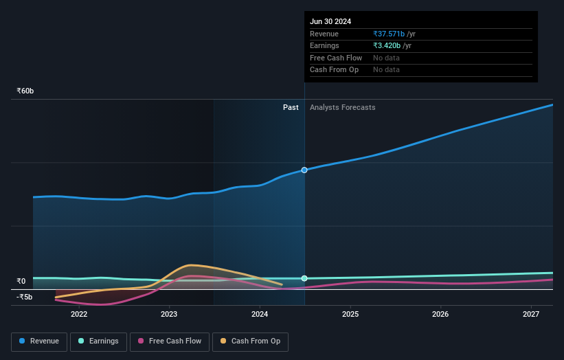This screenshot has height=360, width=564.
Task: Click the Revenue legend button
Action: [x=39, y=341]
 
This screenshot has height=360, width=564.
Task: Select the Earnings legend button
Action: [x=98, y=341]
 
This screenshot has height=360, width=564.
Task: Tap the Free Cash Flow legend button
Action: [x=170, y=341]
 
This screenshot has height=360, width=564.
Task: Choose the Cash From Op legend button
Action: [x=250, y=341]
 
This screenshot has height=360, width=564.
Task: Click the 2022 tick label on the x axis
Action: [x=79, y=314]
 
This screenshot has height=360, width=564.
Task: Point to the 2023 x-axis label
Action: [x=169, y=314]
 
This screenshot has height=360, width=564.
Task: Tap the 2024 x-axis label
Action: [x=260, y=314]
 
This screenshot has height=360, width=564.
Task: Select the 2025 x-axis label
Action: [x=350, y=314]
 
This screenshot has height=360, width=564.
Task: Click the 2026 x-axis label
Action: [x=440, y=314]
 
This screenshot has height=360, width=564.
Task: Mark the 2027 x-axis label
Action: [x=531, y=314]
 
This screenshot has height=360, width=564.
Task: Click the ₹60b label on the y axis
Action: [x=25, y=91]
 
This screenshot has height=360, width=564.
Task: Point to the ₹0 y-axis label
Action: [x=21, y=281]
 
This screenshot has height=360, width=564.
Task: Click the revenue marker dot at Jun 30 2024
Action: [x=304, y=170]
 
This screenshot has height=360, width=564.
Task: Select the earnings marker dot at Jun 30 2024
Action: [x=304, y=278]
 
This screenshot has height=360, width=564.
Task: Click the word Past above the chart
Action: [x=291, y=107]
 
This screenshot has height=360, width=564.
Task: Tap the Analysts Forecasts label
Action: [x=343, y=107]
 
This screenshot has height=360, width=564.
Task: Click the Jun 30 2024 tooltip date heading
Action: [x=330, y=21]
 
